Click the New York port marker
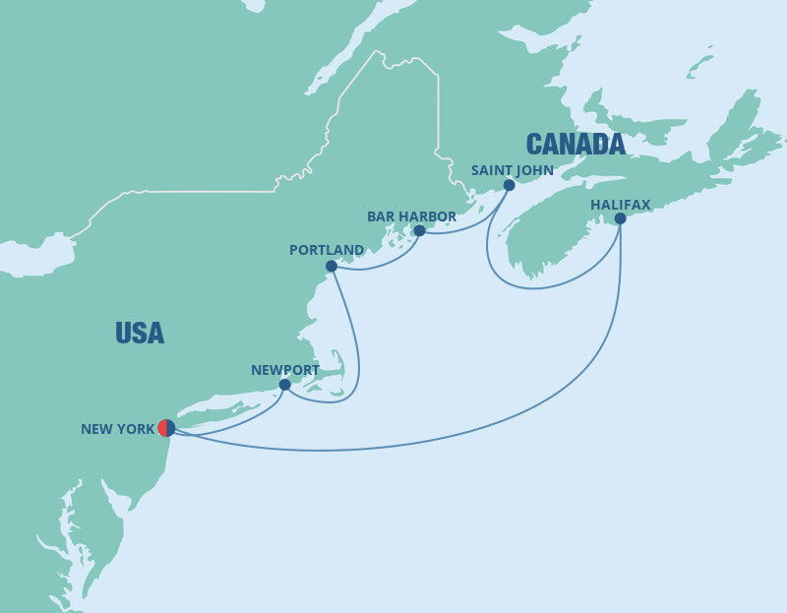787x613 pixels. coord(166,428)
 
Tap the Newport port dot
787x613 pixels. coord(285,385)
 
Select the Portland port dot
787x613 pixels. coord(332,266)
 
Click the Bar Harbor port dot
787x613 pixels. coord(419,230)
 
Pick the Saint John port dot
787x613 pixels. coord(509,185)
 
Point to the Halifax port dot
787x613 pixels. coord(620,219)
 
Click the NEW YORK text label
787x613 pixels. coord(117,429)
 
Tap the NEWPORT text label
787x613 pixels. coord(285,370)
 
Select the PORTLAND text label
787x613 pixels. coord(327,250)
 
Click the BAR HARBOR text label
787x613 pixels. coord(411,216)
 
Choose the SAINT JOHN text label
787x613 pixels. coord(512,170)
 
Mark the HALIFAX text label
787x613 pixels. coord(620,205)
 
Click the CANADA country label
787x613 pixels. coord(575,145)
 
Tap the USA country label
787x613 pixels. coord(140,333)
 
